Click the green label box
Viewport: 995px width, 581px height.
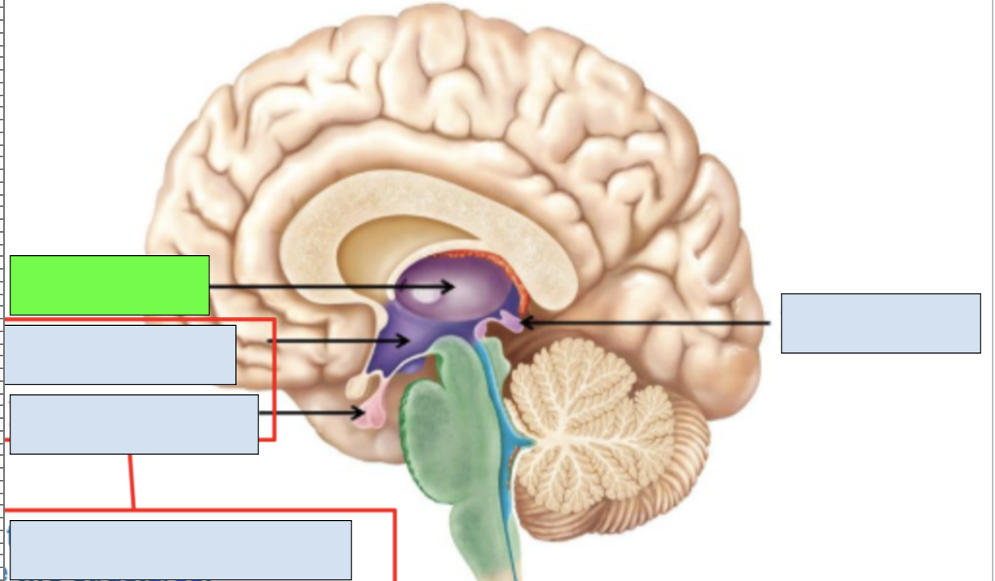(109, 285)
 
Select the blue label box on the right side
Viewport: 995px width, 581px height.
(880, 323)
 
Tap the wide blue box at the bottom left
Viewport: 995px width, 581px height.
(181, 550)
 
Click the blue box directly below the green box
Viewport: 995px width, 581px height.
(120, 355)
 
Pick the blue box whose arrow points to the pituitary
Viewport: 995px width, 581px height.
(134, 424)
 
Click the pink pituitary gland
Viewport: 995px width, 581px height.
(372, 415)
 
